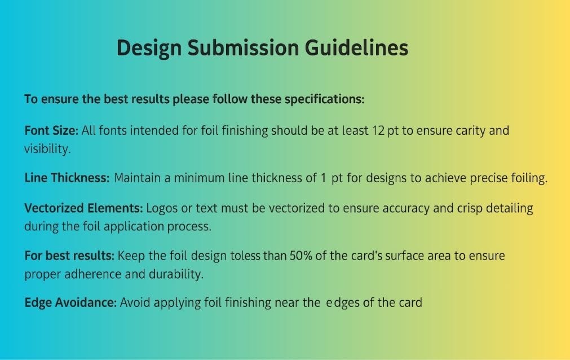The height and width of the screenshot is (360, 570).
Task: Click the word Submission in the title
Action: coord(243,48)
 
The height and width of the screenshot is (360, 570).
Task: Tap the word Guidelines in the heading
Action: coord(357,48)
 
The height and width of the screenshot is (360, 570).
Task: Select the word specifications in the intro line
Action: coord(324,99)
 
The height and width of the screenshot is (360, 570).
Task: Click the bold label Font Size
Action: coord(51,130)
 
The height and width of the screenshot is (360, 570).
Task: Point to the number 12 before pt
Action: coord(378,130)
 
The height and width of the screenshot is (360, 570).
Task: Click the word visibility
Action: coord(47,148)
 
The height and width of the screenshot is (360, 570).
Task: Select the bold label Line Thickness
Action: coord(67,178)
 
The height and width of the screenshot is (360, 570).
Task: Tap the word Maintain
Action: coord(137,178)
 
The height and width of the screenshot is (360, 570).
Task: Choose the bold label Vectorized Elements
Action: coord(83,208)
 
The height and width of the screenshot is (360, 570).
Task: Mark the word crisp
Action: coord(470,209)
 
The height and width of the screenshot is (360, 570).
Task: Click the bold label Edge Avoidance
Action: coord(70,302)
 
